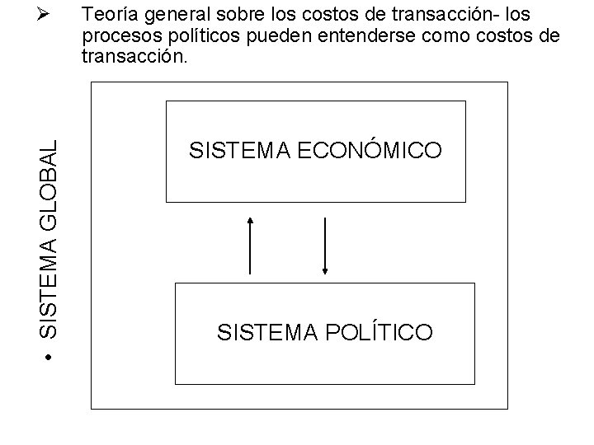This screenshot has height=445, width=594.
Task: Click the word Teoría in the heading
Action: pyautogui.click(x=111, y=16)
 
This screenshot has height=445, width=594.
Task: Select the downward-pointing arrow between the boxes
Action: pyautogui.click(x=326, y=245)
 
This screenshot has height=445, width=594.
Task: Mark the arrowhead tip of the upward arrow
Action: pyautogui.click(x=250, y=218)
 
